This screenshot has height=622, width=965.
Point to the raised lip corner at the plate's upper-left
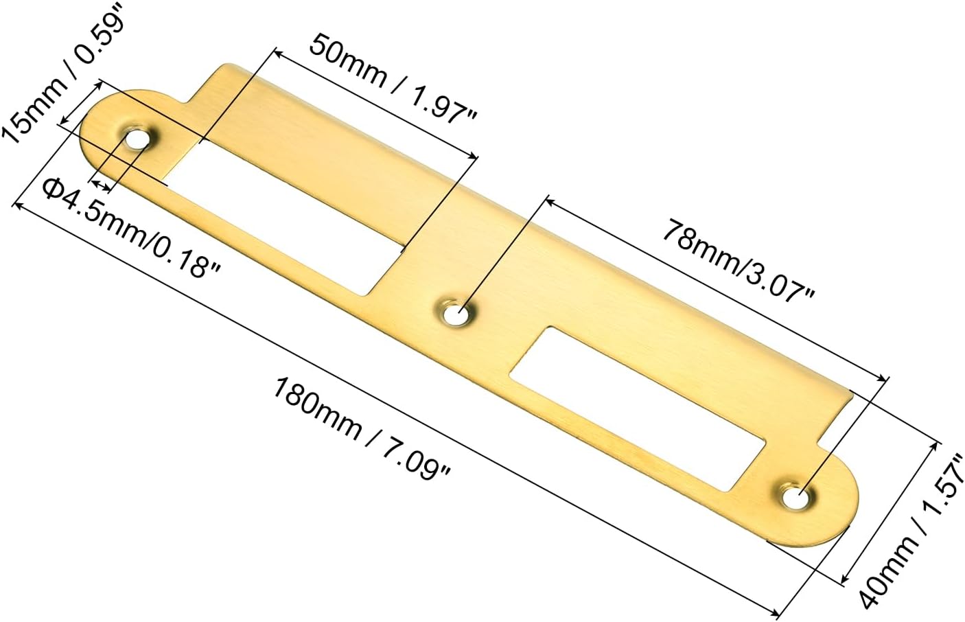coord(224,69)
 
